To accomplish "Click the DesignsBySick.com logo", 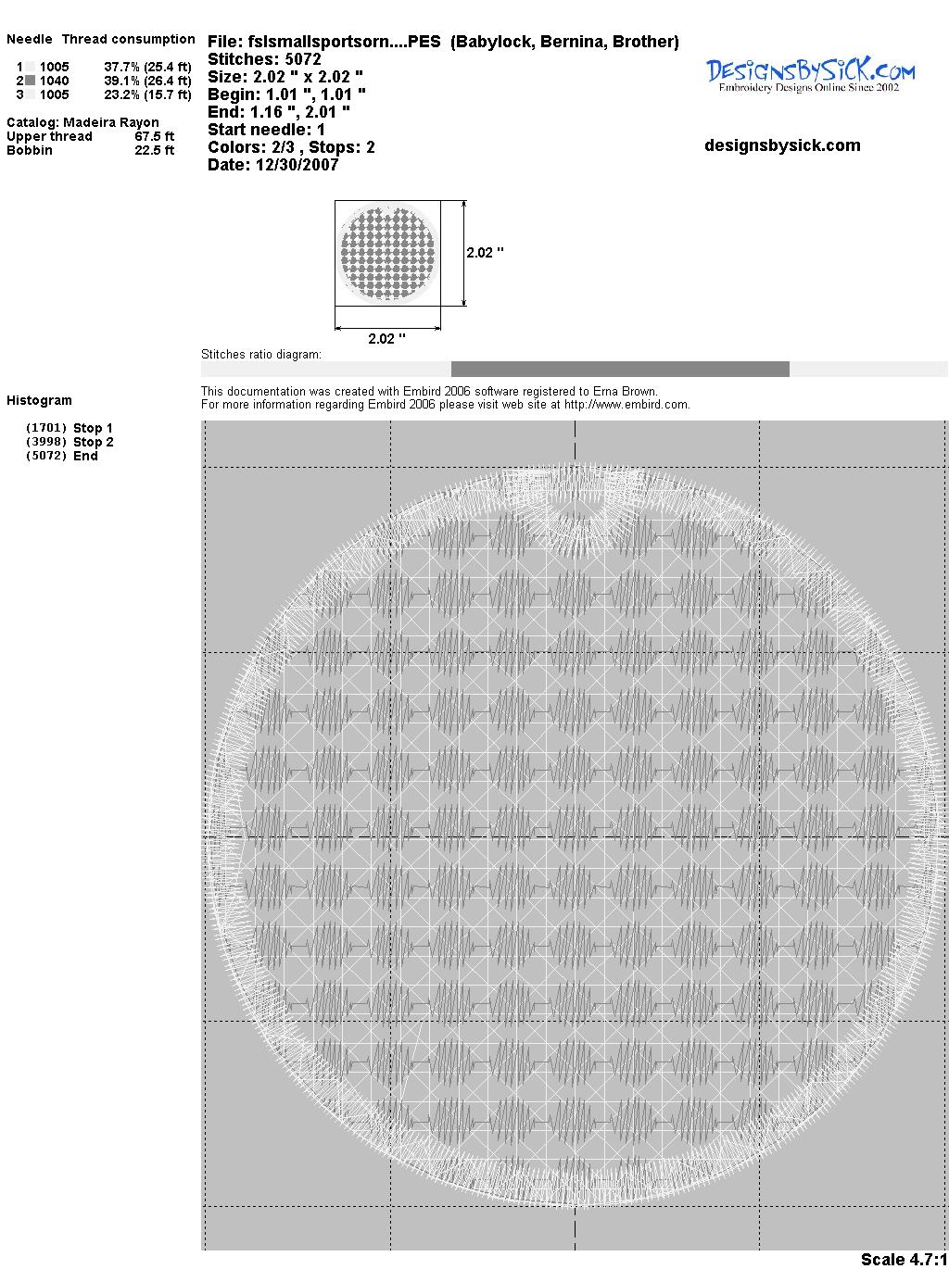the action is pyautogui.click(x=810, y=75).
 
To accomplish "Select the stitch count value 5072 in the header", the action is pyautogui.click(x=302, y=59).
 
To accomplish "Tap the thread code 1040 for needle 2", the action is pyautogui.click(x=55, y=81).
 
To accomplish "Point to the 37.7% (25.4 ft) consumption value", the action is pyautogui.click(x=147, y=67).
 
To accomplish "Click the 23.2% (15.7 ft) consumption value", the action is pyautogui.click(x=147, y=94).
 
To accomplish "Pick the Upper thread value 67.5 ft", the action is pyautogui.click(x=155, y=136).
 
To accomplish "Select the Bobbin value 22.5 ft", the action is pyautogui.click(x=155, y=150).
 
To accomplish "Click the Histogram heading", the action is pyautogui.click(x=39, y=401).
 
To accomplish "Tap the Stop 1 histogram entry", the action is pyautogui.click(x=70, y=428).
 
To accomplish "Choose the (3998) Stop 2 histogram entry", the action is pyautogui.click(x=70, y=442).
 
